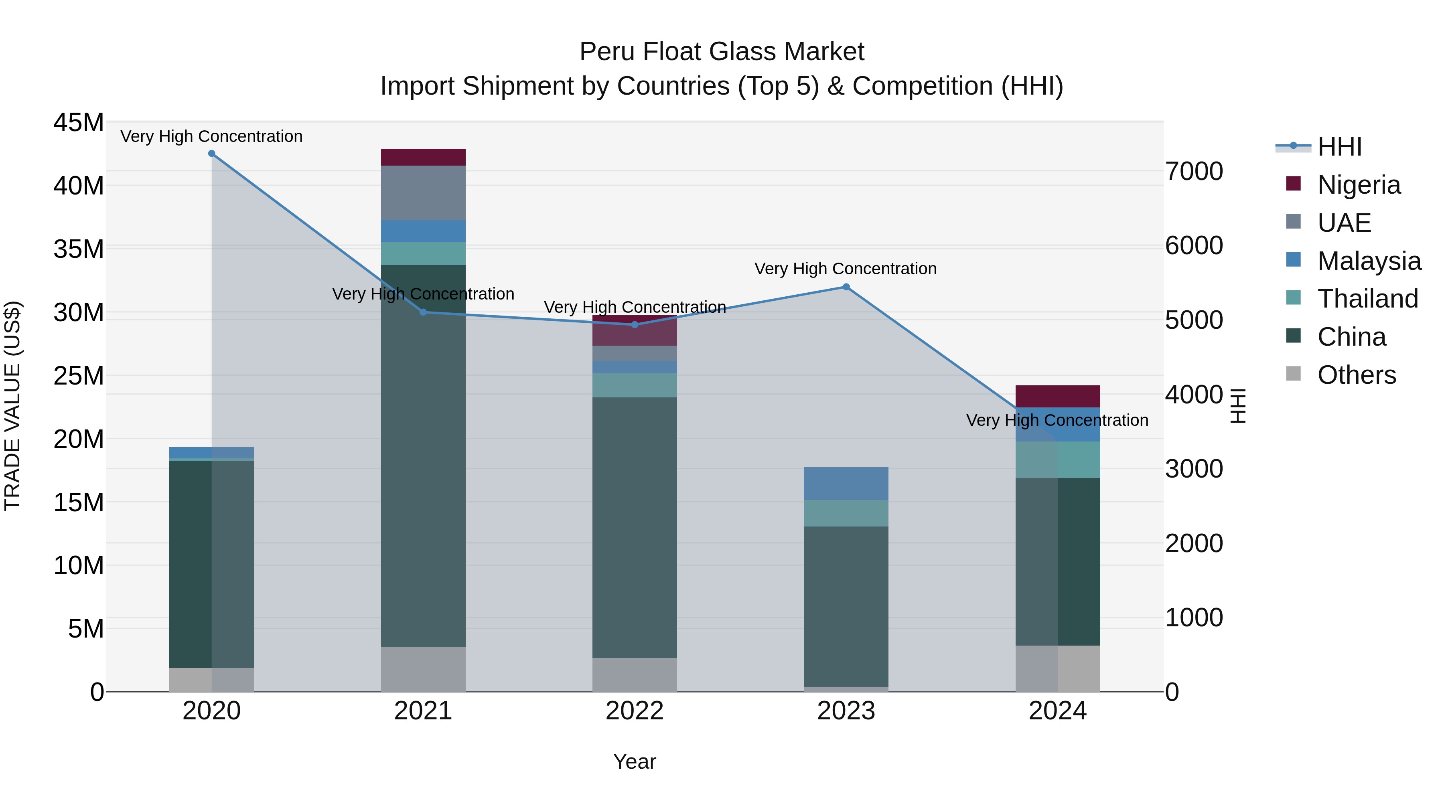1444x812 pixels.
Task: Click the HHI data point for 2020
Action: coord(211,154)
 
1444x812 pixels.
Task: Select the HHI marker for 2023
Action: coord(846,287)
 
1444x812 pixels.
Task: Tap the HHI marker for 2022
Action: coord(635,324)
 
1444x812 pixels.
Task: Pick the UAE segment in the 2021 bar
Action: coord(423,193)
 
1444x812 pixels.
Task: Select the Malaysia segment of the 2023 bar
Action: coord(846,483)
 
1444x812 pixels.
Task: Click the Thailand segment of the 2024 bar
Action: coord(1058,460)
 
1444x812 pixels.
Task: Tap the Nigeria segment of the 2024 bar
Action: coord(1058,396)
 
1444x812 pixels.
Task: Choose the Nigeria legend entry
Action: coord(1358,185)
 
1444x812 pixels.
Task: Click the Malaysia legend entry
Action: coord(1368,261)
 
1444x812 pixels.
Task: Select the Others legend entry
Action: coord(1356,375)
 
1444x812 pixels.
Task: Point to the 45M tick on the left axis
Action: coord(79,122)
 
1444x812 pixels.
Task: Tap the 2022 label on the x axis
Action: coord(635,711)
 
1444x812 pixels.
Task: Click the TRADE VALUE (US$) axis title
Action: coord(12,406)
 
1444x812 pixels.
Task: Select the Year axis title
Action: coord(635,761)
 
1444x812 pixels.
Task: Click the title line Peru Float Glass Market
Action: coord(722,52)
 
